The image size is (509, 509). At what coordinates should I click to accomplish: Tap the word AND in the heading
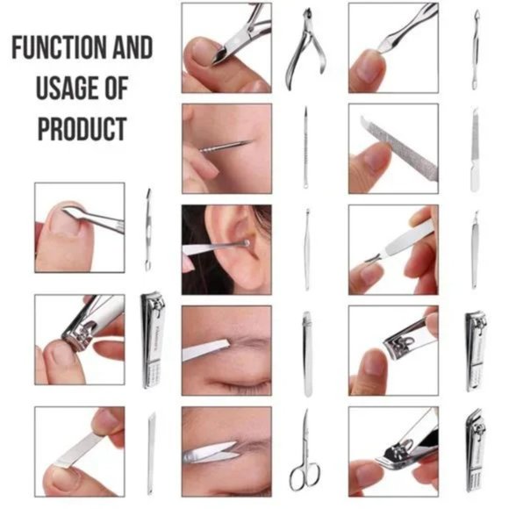[x=131, y=47]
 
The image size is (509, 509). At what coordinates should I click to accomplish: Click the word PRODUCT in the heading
[x=82, y=129]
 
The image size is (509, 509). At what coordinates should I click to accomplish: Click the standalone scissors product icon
[x=305, y=448]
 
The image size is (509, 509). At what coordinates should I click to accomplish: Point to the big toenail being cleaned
[x=66, y=219]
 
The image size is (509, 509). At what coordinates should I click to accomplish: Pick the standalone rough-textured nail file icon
[x=475, y=149]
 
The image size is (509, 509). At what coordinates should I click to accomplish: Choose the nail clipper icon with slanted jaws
[x=475, y=450]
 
